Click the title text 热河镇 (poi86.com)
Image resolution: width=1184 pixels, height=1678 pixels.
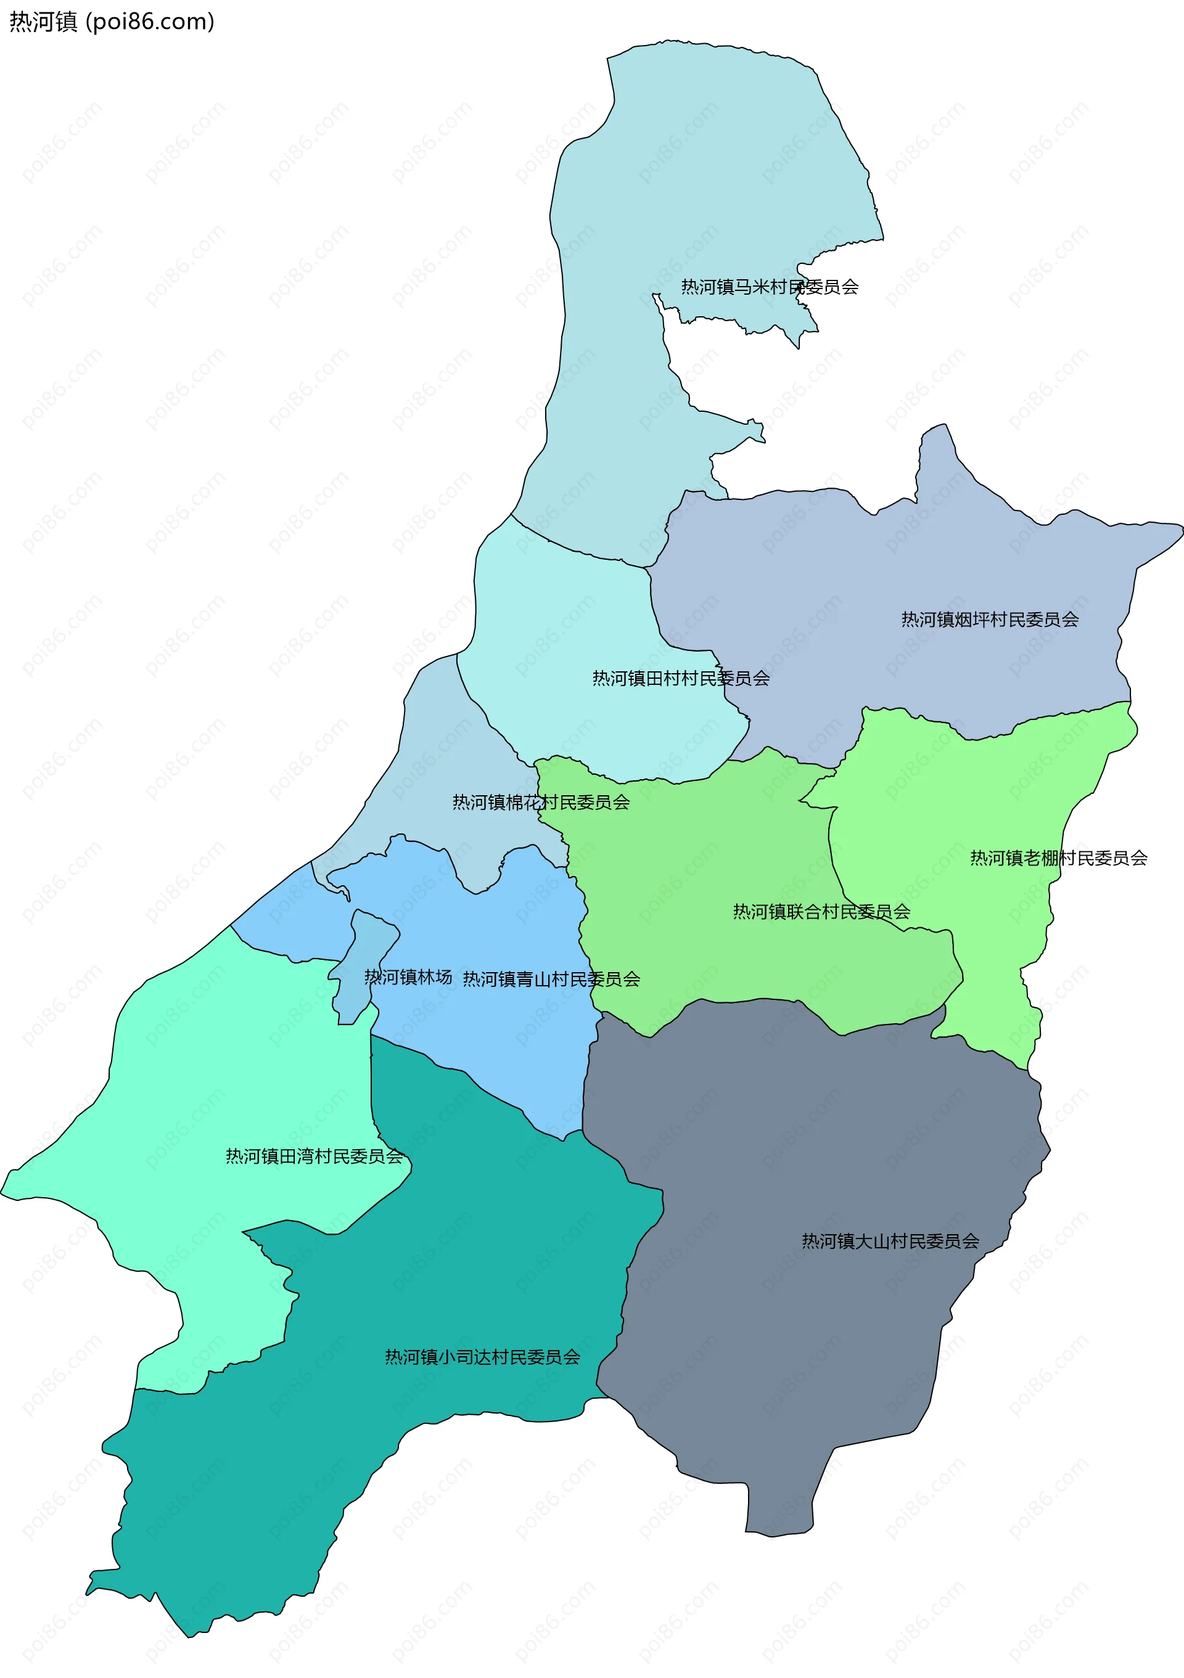(x=111, y=22)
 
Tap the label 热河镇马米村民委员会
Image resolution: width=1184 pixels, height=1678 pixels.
(x=769, y=287)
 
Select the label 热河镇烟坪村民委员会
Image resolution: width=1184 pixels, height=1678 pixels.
(x=990, y=620)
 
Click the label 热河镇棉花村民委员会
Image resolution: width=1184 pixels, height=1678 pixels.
(x=541, y=803)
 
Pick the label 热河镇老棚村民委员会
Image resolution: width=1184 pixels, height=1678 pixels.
(x=1058, y=858)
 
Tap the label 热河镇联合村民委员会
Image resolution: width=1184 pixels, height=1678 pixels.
(x=821, y=912)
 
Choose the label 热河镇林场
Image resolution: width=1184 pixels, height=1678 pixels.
(x=408, y=977)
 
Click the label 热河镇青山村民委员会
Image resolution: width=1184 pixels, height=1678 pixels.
(x=551, y=980)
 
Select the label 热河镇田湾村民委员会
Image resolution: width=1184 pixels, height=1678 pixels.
(x=314, y=1156)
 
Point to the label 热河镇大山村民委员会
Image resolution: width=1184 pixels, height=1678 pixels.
(x=890, y=1241)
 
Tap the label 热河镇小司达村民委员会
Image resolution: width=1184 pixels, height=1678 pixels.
(x=482, y=1357)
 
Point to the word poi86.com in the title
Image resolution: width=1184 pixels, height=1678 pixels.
(x=150, y=22)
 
